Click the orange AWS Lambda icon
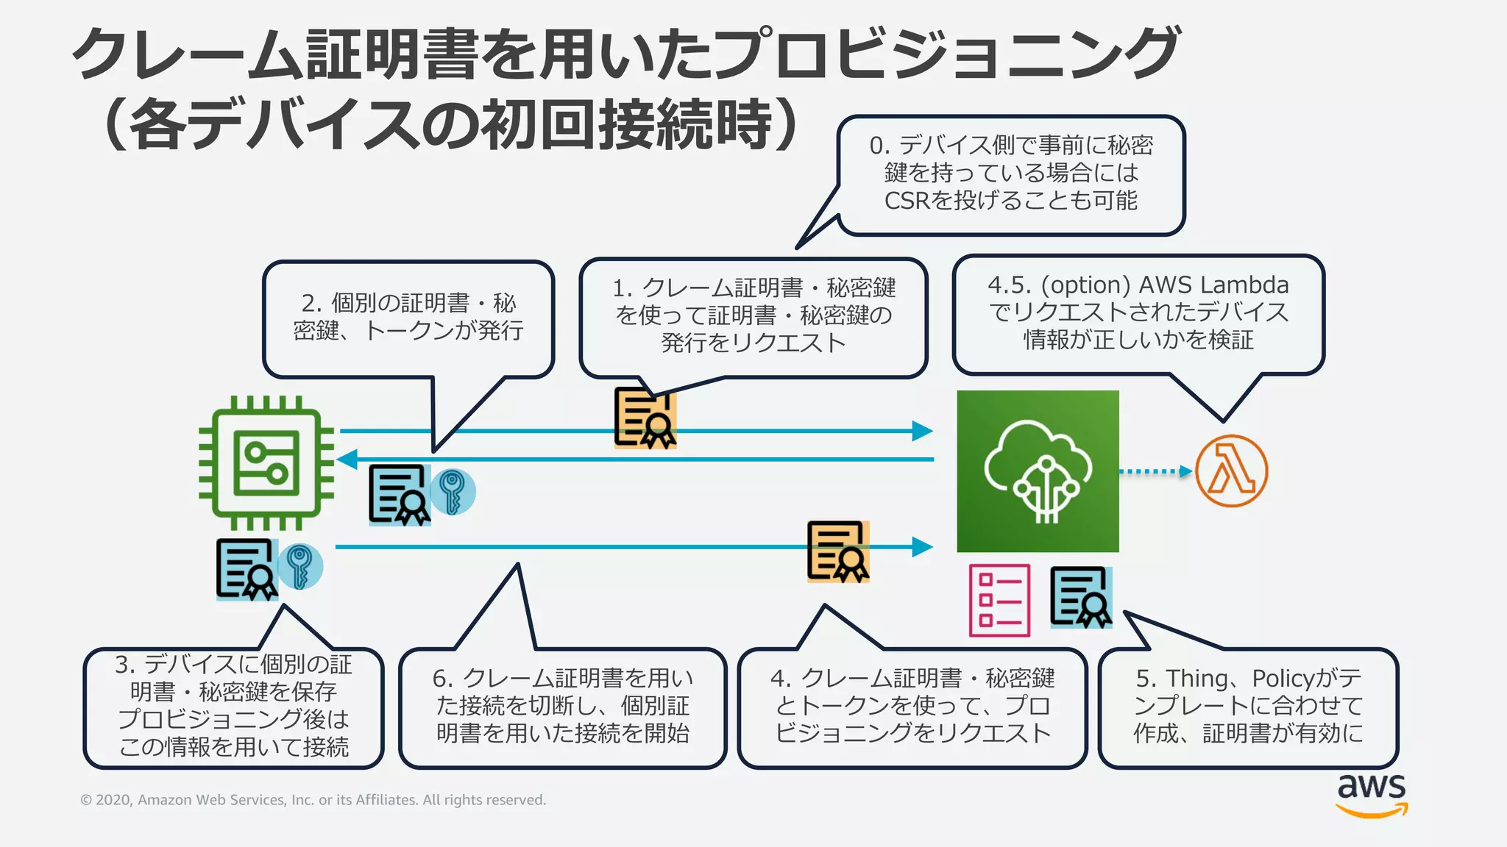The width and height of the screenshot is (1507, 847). pyautogui.click(x=1231, y=471)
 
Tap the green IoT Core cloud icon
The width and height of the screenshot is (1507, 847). pyautogui.click(x=1038, y=471)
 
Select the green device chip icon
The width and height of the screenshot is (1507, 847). pyautogui.click(x=266, y=463)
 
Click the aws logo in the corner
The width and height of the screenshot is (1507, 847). pyautogui.click(x=1372, y=794)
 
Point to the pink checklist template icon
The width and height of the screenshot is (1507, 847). pyautogui.click(x=999, y=600)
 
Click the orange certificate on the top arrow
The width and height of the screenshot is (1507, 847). pyautogui.click(x=645, y=418)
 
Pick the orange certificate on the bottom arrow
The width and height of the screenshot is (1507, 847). pyautogui.click(x=838, y=551)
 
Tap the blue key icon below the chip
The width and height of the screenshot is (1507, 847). pyautogui.click(x=299, y=566)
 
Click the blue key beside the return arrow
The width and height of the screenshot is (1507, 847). pyautogui.click(x=452, y=492)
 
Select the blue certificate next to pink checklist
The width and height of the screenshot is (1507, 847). pyautogui.click(x=1080, y=596)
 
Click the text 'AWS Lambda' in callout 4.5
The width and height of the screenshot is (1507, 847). pyautogui.click(x=1213, y=285)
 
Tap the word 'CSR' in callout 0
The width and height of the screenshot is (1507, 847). pyautogui.click(x=907, y=201)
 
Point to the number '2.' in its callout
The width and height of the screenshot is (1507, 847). pyautogui.click(x=312, y=303)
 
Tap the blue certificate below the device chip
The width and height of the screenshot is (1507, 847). pyautogui.click(x=247, y=569)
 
